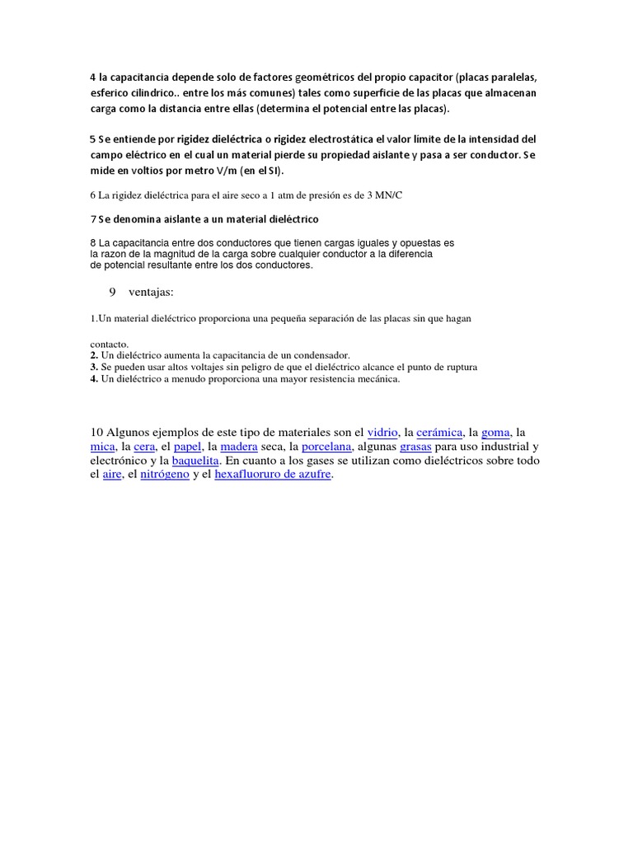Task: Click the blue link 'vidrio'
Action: pos(383,432)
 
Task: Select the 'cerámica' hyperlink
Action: pos(439,432)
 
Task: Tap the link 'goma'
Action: pos(495,432)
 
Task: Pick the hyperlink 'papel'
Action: pos(188,447)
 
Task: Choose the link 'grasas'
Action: pos(415,447)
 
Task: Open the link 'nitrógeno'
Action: pos(165,476)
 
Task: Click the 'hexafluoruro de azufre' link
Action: pos(272,476)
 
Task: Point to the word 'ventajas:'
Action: pos(152,293)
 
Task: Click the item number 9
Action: pos(112,293)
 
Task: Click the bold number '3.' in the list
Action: pos(94,367)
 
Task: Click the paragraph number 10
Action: pos(96,432)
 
